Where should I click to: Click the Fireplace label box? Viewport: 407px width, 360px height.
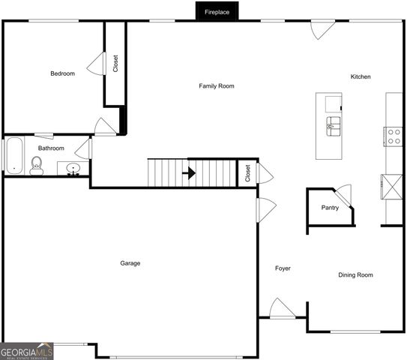217,11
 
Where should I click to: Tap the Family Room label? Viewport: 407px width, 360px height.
216,86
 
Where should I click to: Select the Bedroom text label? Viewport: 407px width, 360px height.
62,73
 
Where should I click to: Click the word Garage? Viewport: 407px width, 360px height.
130,263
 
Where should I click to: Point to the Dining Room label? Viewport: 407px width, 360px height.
355,275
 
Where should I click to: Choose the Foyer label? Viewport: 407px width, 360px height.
283,268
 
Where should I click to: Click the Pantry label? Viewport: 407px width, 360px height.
330,208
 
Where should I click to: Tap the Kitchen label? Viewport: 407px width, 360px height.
361,77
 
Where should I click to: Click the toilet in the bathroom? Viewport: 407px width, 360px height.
37,166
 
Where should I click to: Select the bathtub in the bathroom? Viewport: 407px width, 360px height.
13,155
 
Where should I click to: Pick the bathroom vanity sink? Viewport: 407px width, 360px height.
73,168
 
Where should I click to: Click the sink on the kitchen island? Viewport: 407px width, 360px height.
333,124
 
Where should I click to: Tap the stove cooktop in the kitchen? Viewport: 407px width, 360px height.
394,136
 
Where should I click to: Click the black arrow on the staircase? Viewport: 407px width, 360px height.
191,172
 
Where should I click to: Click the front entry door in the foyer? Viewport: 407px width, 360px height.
282,308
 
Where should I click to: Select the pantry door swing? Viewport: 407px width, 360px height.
343,191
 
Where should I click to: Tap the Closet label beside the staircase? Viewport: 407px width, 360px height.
247,173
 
